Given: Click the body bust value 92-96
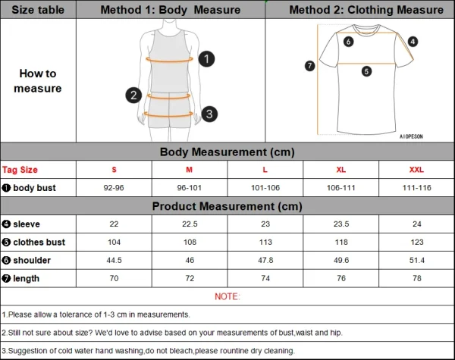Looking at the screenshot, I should pyautogui.click(x=114, y=187).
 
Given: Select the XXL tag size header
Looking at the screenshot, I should pyautogui.click(x=416, y=170).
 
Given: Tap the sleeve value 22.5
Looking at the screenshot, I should pyautogui.click(x=189, y=224).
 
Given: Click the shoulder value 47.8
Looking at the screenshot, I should pyautogui.click(x=265, y=260).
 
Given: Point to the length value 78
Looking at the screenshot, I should pyautogui.click(x=416, y=278).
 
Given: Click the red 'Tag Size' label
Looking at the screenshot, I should pyautogui.click(x=20, y=170).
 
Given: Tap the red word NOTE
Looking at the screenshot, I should pyautogui.click(x=227, y=296).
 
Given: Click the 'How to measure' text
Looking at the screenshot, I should pyautogui.click(x=38, y=81).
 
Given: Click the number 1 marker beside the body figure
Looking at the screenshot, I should pyautogui.click(x=206, y=58).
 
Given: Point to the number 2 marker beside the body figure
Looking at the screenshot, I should pyautogui.click(x=133, y=95).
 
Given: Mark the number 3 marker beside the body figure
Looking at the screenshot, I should pyautogui.click(x=210, y=114).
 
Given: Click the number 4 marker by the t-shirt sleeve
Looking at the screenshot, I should pyautogui.click(x=413, y=42).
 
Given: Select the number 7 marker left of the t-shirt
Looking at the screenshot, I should pyautogui.click(x=309, y=66).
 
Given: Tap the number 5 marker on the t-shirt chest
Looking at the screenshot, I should pyautogui.click(x=366, y=71).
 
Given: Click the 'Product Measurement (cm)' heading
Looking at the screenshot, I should pyautogui.click(x=227, y=206).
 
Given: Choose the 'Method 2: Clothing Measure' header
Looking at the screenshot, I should pyautogui.click(x=366, y=10).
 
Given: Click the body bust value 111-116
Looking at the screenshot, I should pyautogui.click(x=416, y=187).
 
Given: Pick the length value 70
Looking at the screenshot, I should pyautogui.click(x=114, y=278).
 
